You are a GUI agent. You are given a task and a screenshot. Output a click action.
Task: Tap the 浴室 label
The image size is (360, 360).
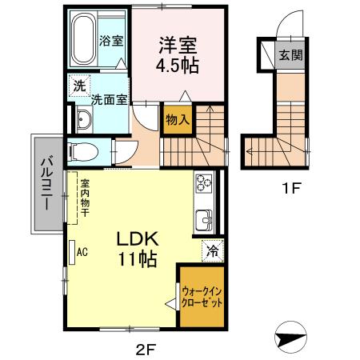[110, 41]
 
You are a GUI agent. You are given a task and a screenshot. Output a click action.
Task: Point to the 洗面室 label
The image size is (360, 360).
[109, 101]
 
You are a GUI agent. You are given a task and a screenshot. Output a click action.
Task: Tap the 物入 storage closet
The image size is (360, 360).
[178, 119]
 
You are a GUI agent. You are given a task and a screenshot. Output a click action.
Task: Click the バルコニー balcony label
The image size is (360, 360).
[45, 183]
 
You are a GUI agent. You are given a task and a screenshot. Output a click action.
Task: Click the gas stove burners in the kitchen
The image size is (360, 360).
[203, 185]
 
